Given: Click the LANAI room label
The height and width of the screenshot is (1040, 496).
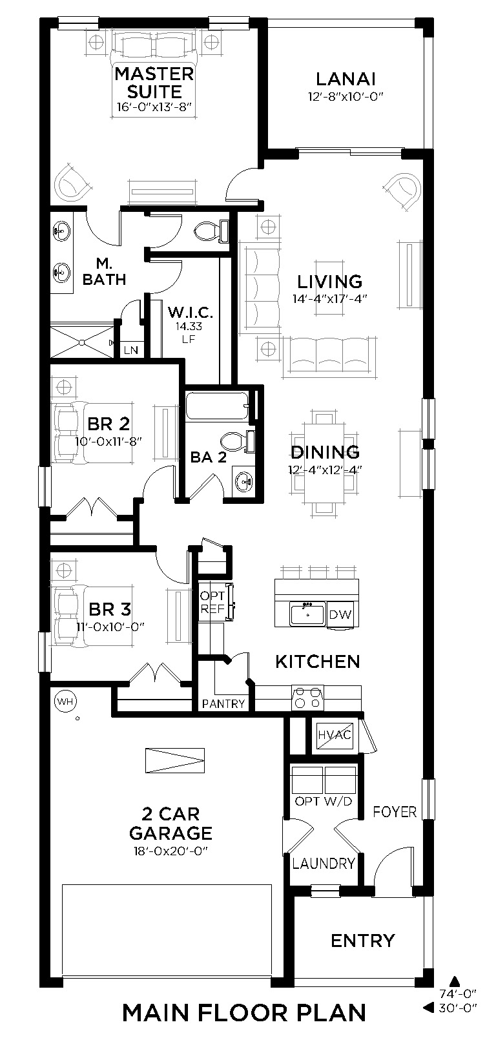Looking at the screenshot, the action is (x=346, y=79).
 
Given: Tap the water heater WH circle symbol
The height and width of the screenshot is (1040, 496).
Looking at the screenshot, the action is (x=65, y=701).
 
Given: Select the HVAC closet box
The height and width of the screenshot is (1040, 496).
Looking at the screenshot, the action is (x=334, y=735).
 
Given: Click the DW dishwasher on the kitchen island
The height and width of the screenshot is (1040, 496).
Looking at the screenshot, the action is (x=340, y=615).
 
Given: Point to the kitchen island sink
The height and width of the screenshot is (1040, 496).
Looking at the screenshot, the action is (x=307, y=614).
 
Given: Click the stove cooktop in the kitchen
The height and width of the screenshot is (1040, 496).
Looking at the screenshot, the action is (x=307, y=697).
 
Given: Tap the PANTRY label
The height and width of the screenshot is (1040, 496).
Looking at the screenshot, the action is (x=223, y=704).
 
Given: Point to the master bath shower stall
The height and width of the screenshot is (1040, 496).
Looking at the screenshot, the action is (x=81, y=342).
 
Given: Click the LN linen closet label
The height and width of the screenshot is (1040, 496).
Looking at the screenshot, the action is (x=131, y=350).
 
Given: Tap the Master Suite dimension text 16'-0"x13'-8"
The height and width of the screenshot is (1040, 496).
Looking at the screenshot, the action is (x=154, y=107).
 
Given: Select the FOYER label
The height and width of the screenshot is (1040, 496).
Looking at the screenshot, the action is (x=395, y=812).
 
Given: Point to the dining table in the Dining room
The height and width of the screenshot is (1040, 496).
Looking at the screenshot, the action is (x=324, y=463).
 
